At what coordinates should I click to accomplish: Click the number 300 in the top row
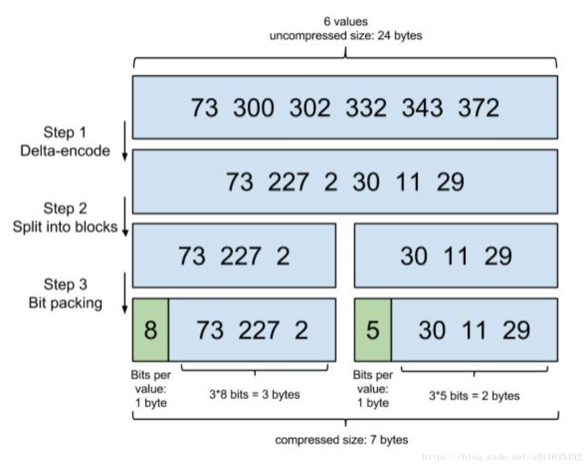click(x=253, y=108)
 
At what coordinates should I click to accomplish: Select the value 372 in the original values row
click(x=479, y=108)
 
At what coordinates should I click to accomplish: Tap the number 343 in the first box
click(x=422, y=108)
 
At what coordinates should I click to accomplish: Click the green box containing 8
click(x=151, y=330)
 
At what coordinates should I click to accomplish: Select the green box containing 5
click(x=373, y=330)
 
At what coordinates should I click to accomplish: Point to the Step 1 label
click(x=65, y=132)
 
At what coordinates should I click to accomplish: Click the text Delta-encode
click(x=65, y=151)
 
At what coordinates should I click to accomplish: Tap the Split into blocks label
click(x=65, y=227)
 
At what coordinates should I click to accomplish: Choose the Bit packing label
click(x=66, y=303)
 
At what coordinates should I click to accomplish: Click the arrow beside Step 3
click(x=125, y=293)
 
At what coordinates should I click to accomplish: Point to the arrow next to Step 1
click(x=125, y=141)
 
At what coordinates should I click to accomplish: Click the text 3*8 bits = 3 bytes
click(x=255, y=394)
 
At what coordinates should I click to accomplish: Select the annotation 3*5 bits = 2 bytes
click(x=474, y=395)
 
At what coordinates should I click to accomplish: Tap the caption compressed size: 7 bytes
click(x=341, y=440)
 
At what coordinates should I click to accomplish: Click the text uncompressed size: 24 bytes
click(x=346, y=36)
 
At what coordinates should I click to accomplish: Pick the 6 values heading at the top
click(x=346, y=21)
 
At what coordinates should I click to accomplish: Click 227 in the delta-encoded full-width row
click(x=288, y=182)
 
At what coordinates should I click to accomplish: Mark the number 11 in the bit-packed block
click(x=474, y=330)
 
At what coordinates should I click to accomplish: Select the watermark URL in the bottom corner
click(x=501, y=457)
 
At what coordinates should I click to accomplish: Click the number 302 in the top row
click(x=310, y=108)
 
